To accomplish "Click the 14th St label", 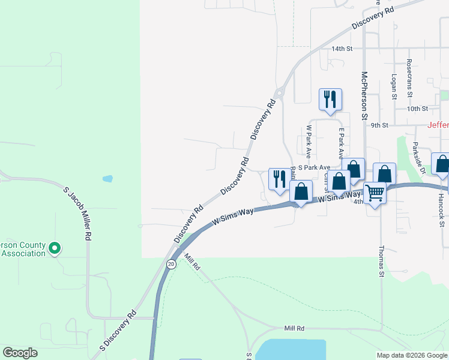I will (x=342, y=48).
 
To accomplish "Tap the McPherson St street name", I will (x=364, y=95).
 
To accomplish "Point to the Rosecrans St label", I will (x=409, y=77).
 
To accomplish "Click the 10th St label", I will (x=417, y=109).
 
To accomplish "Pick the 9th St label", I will (x=380, y=125).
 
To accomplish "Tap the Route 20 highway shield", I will (x=172, y=264).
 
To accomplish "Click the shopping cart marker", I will (x=375, y=193).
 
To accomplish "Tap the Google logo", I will (x=20, y=353).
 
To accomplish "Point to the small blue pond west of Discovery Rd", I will (x=107, y=178).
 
